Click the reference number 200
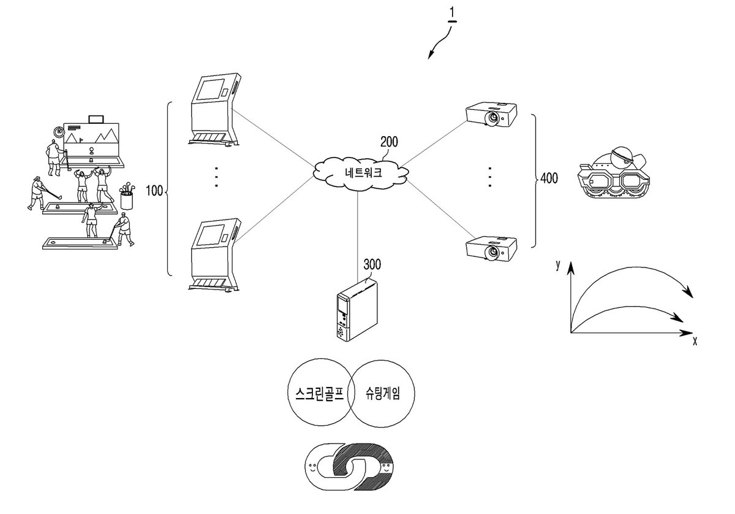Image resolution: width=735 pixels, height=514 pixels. tap(389, 142)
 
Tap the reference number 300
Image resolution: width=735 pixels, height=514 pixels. tap(372, 264)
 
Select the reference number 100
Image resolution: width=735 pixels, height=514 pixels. tap(154, 191)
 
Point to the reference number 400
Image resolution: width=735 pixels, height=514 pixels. tap(549, 178)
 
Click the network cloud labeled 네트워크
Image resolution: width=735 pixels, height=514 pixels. tap(361, 173)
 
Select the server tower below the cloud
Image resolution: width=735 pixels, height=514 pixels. tap(357, 309)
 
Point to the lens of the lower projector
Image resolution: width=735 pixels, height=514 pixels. tap(492, 252)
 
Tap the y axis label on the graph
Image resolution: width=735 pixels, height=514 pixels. tap(558, 264)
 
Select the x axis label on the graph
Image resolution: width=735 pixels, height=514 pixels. tap(695, 341)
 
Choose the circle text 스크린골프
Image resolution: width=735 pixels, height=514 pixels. tap(320, 393)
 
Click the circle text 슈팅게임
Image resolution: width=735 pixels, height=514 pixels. tap(383, 393)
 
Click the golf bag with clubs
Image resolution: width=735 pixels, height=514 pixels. tap(127, 196)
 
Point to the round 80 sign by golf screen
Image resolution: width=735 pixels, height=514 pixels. tap(59, 132)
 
